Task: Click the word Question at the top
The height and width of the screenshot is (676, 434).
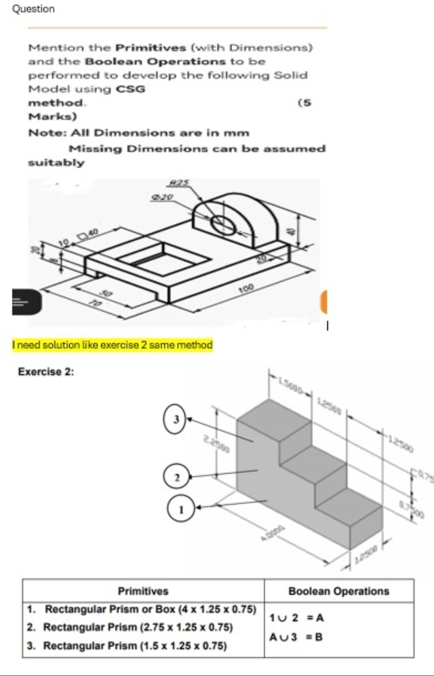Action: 34,9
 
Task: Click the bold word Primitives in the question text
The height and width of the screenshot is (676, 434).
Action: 151,48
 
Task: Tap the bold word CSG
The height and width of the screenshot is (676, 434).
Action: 130,89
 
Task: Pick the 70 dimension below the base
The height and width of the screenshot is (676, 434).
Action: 96,303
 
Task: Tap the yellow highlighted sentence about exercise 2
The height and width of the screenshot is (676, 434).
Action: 113,345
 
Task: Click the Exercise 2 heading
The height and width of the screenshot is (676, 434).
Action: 46,371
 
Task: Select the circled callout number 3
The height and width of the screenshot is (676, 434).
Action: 176,419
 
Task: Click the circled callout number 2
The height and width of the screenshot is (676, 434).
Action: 177,477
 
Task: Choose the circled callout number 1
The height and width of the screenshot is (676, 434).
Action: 181,509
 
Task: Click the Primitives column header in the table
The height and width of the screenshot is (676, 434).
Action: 143,591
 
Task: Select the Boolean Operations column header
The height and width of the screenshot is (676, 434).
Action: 338,591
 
